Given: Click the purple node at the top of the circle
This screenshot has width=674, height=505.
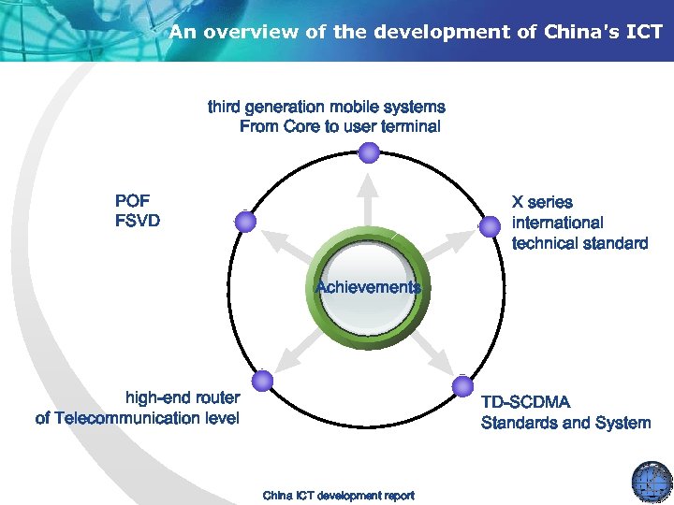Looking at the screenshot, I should click(x=370, y=151).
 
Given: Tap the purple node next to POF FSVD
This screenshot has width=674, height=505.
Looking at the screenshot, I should click(x=245, y=222).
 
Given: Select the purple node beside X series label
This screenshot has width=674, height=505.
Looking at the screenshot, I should click(x=490, y=225).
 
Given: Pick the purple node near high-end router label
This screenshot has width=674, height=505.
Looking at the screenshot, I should click(x=263, y=381).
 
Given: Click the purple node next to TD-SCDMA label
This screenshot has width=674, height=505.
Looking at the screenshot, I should click(x=462, y=384).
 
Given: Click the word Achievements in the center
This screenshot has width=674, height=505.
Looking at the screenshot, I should click(x=369, y=287).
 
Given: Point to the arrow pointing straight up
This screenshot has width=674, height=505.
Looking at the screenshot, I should click(x=370, y=201).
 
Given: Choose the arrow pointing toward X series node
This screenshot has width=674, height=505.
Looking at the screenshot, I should click(x=447, y=246).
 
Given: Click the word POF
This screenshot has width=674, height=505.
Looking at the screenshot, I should click(x=132, y=201).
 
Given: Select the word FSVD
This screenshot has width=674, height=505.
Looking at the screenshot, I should click(x=137, y=222).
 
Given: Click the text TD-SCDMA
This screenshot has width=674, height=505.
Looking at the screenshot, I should click(x=524, y=402).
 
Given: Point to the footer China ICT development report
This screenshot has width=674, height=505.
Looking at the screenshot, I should click(x=338, y=495).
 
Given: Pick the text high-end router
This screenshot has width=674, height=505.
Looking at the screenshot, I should click(x=183, y=397).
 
